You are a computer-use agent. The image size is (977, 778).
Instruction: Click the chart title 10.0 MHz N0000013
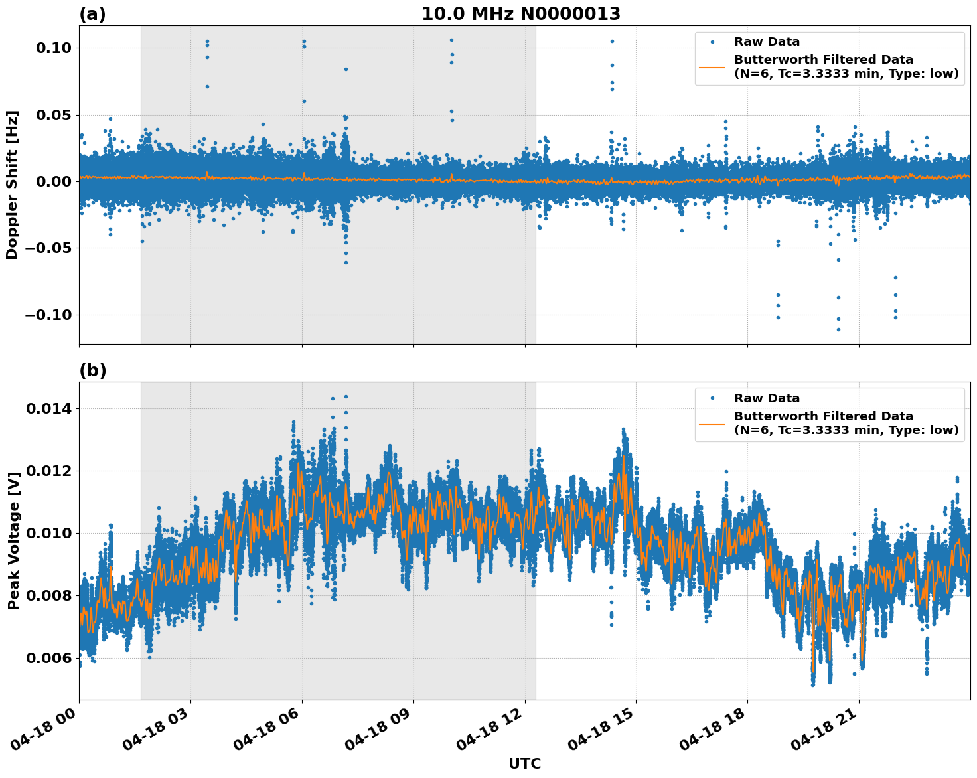(x=521, y=14)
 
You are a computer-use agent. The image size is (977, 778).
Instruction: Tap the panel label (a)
(x=92, y=14)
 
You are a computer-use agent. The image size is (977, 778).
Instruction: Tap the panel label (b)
(x=92, y=370)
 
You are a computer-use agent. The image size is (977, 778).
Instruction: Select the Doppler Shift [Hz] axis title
(x=12, y=185)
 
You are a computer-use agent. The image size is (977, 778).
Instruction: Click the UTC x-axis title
(x=524, y=763)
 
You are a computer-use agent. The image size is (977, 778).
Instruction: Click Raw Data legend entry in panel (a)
(x=767, y=42)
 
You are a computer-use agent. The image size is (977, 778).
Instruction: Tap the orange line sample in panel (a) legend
(x=712, y=67)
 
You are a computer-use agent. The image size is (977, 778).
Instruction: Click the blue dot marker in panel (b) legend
(x=712, y=398)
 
